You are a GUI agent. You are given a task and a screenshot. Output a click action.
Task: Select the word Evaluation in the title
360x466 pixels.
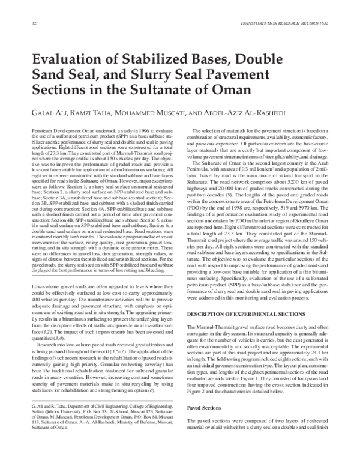click(x=69, y=60)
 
